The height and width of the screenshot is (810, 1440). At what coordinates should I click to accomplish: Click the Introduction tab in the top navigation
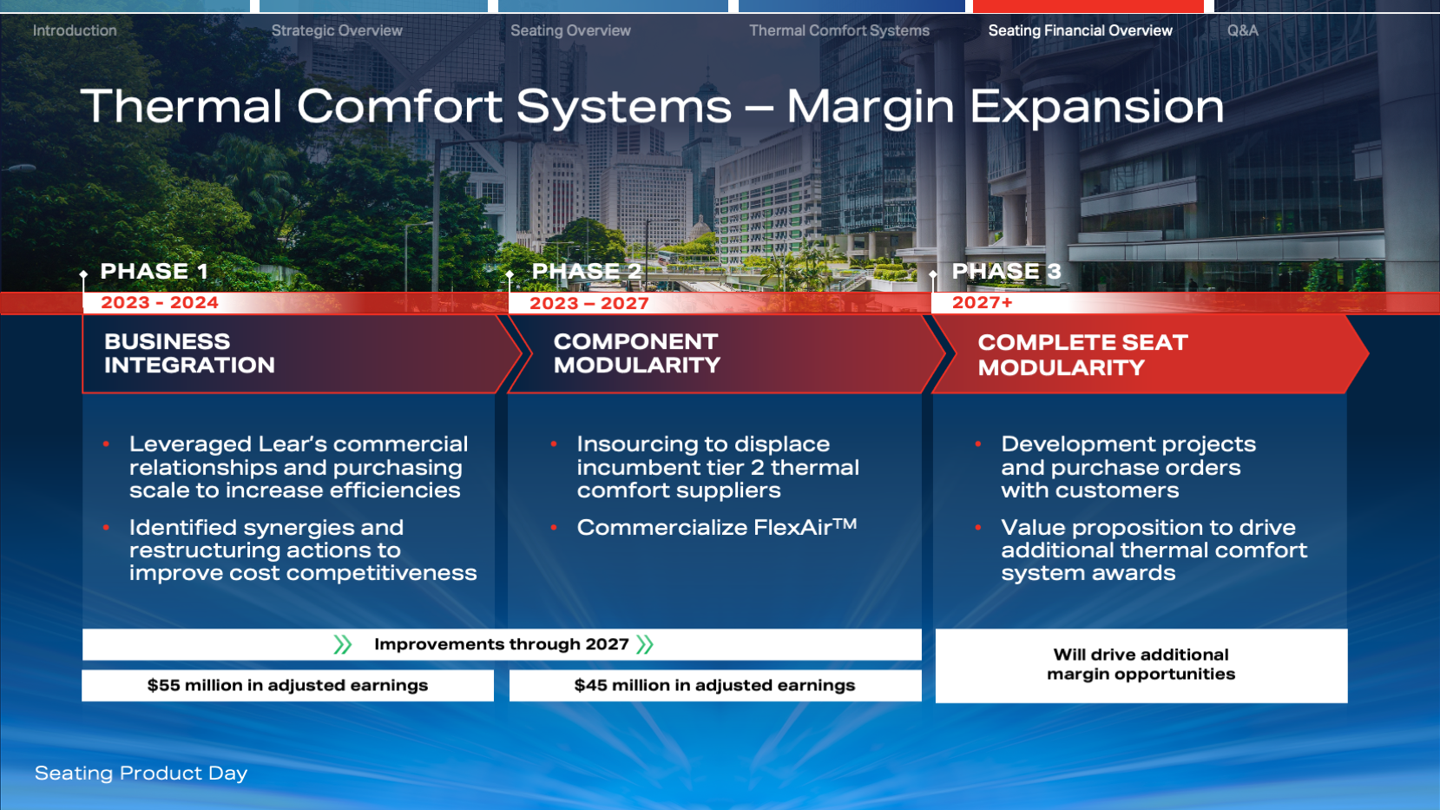[75, 30]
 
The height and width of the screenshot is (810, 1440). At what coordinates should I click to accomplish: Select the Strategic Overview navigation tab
[337, 30]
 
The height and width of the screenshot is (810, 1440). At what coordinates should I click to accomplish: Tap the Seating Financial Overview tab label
[1080, 30]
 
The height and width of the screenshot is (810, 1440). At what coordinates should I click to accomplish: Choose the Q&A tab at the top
[1243, 30]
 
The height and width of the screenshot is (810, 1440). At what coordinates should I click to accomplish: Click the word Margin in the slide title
[871, 108]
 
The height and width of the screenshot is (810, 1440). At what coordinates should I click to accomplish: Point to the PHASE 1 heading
[154, 271]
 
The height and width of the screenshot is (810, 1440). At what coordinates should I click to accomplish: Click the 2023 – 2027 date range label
[588, 304]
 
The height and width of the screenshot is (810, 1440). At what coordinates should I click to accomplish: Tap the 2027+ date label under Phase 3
[983, 303]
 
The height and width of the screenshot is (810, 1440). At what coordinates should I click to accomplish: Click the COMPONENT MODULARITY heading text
[637, 353]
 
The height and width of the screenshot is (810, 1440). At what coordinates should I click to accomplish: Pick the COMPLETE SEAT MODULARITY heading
[1082, 355]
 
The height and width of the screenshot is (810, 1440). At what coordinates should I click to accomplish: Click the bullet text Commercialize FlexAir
[717, 527]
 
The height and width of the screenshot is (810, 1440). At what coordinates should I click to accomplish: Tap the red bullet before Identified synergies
[106, 528]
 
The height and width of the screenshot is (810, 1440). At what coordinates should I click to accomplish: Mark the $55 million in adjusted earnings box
[287, 685]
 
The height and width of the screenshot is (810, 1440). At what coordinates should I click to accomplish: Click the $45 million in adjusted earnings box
[715, 685]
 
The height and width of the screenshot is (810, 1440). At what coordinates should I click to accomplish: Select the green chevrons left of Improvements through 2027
[343, 644]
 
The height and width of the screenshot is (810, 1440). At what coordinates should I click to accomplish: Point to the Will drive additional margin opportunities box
[1141, 665]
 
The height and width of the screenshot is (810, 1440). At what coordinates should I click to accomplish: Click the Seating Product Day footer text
[141, 774]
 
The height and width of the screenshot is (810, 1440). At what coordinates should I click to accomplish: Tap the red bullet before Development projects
[977, 445]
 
